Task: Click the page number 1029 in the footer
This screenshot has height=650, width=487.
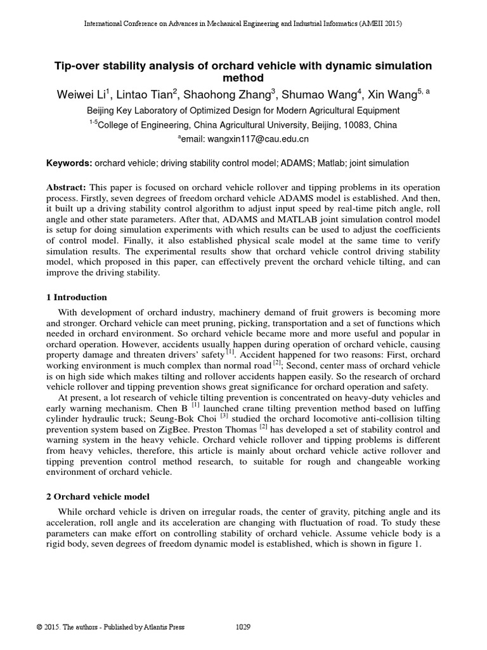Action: tap(243, 627)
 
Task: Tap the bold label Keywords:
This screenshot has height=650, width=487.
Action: tap(69, 163)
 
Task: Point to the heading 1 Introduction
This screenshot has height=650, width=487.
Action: tap(77, 297)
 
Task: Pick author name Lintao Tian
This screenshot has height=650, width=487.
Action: tap(148, 95)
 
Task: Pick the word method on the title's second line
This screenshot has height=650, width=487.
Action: tap(243, 78)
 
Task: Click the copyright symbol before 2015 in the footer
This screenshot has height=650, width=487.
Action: tap(40, 627)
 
